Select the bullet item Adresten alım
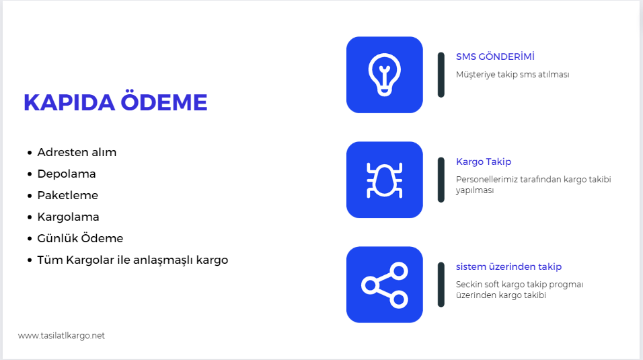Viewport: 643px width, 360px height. (x=77, y=152)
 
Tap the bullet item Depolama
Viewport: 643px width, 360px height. (x=67, y=174)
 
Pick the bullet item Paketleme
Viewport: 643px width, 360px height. (x=68, y=195)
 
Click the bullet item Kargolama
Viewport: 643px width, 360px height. (x=68, y=217)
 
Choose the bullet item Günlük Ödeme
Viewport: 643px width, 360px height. (x=80, y=238)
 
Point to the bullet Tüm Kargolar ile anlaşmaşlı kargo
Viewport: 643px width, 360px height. (x=133, y=260)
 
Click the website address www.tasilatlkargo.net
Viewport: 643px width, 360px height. (x=61, y=336)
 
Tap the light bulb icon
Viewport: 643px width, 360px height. (x=384, y=75)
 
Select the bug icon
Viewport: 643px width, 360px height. (x=384, y=180)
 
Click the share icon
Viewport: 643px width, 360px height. (x=384, y=285)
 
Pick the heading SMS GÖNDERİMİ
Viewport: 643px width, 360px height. (x=495, y=57)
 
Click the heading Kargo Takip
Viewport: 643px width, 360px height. (x=484, y=161)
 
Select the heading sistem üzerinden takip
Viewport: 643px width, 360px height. (x=508, y=267)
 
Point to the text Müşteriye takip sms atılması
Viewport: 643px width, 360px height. (x=513, y=75)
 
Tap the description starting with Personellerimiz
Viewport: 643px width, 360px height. (x=533, y=185)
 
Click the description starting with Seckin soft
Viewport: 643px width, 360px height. (x=519, y=290)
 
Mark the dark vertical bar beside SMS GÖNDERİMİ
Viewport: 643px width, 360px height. (x=441, y=75)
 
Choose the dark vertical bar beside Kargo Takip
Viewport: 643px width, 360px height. (x=441, y=180)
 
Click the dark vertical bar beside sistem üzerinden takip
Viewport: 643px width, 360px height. (x=441, y=285)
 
